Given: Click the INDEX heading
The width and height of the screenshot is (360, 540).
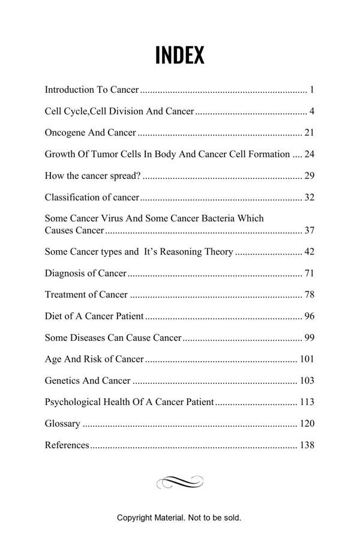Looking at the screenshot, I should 179,55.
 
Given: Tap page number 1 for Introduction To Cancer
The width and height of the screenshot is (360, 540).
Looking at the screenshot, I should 312,90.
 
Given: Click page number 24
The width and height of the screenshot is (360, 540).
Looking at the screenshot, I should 310,154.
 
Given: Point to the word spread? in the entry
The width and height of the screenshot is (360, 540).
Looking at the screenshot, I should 125,176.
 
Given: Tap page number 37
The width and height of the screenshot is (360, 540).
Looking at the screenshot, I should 310,230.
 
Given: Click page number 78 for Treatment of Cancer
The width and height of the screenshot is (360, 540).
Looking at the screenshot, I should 310,295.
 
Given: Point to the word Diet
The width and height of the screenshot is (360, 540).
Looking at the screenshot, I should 53,316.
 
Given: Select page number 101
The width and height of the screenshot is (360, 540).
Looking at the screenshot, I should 307,359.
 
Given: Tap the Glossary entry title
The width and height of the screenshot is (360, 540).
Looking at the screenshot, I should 62,424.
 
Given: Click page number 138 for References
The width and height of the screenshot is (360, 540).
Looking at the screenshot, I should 307,445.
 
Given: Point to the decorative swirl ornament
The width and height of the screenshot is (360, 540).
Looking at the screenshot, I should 179,482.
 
